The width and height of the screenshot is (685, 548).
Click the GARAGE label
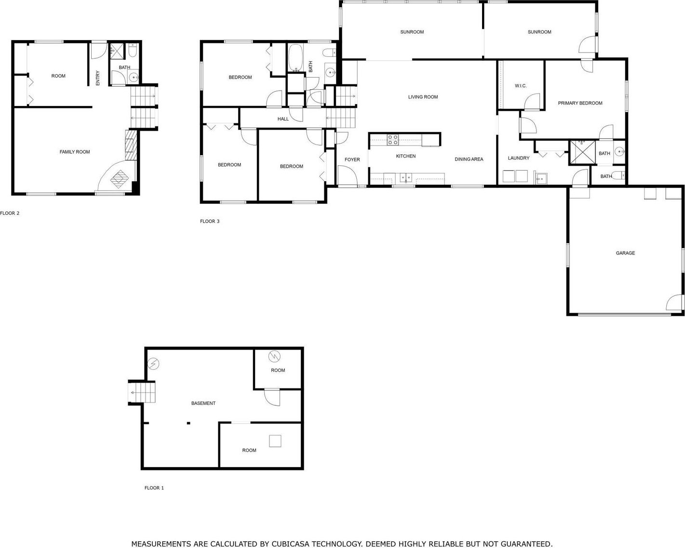(625, 253)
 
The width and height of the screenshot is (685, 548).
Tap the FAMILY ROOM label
(75, 152)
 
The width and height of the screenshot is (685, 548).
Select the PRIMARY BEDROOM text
(580, 103)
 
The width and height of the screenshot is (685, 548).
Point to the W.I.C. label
(521, 86)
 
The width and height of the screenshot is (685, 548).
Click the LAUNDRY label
(519, 158)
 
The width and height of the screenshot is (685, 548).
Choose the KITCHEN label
(406, 156)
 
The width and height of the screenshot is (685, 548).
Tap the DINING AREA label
(469, 159)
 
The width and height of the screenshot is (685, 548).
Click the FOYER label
(352, 160)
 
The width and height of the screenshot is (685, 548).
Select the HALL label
(283, 119)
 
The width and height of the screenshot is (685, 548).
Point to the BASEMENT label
(203, 403)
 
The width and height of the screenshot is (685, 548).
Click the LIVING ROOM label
(423, 97)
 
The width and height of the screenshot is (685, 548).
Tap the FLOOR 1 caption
(154, 488)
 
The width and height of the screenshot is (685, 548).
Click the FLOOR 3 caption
(210, 221)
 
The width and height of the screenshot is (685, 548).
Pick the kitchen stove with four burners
(393, 140)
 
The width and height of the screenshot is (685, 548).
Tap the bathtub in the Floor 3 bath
(295, 58)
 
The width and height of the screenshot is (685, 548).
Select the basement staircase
(142, 393)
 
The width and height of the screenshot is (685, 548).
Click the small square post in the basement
(188, 423)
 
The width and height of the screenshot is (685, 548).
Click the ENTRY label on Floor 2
(98, 78)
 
